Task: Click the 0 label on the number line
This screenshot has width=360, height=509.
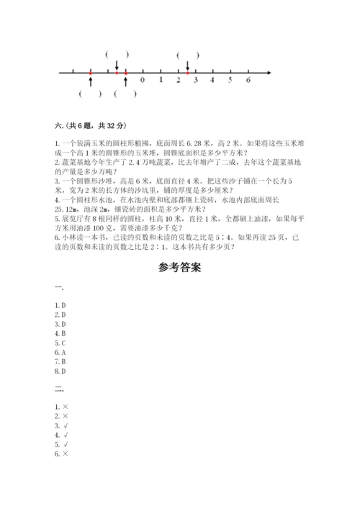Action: tap(143, 81)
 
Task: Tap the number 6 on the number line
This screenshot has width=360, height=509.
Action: tap(248, 81)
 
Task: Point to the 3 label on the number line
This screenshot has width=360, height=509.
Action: tap(195, 81)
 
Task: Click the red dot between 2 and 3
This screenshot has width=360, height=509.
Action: tap(187, 73)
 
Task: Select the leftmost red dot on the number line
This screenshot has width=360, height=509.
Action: tap(90, 73)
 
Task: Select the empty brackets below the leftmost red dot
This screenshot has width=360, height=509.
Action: tap(90, 94)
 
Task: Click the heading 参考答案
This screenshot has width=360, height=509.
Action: tap(179, 266)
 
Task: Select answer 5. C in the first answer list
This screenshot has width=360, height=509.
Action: tap(60, 343)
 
